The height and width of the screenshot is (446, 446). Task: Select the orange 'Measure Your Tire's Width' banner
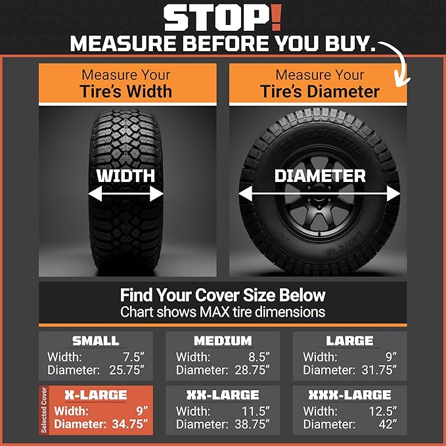(126, 83)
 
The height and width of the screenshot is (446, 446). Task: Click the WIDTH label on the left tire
(126, 175)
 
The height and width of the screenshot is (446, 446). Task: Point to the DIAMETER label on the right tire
(320, 175)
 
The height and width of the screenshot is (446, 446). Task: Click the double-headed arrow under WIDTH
(126, 194)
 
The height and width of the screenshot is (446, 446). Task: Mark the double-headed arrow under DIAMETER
(319, 194)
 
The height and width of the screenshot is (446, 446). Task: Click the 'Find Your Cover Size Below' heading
(223, 295)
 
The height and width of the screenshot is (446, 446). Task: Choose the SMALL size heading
(96, 341)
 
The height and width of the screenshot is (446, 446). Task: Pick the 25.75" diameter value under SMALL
(125, 370)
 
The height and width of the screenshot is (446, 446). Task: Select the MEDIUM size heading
(223, 341)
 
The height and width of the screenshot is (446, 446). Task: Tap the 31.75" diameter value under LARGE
(378, 370)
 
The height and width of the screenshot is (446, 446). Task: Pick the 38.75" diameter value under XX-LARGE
(252, 424)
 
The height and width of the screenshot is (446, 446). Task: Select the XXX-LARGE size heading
(350, 395)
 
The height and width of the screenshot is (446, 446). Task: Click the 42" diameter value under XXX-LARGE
(388, 424)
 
